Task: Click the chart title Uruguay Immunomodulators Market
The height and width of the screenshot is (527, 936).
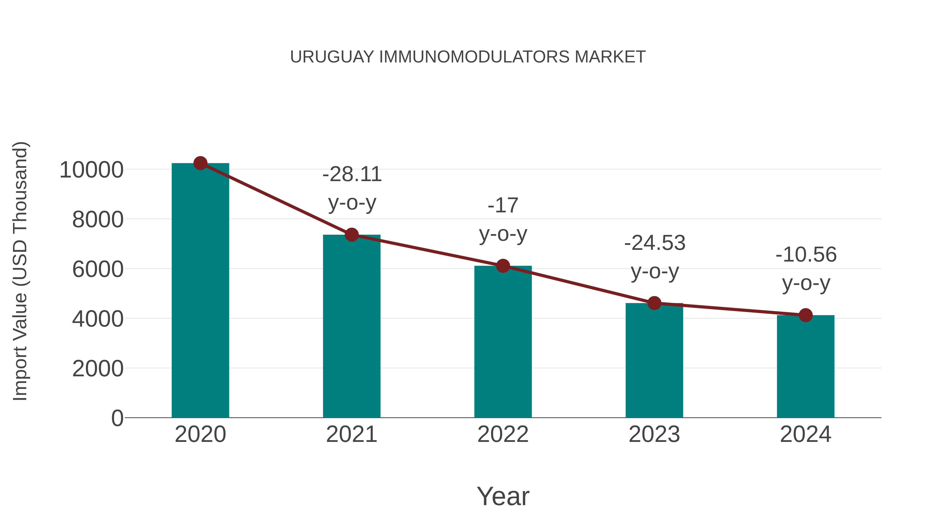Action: pyautogui.click(x=468, y=57)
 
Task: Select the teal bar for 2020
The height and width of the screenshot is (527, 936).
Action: pyautogui.click(x=200, y=291)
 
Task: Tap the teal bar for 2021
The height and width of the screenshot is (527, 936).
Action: pyautogui.click(x=351, y=327)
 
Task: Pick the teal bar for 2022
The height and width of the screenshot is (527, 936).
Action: pyautogui.click(x=503, y=342)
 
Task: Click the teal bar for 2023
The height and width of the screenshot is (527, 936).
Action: pyautogui.click(x=654, y=360)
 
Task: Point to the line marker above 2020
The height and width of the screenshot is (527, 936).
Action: pyautogui.click(x=200, y=163)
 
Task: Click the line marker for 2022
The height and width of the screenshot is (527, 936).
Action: pyautogui.click(x=503, y=266)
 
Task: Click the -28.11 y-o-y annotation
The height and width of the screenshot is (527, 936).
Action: pyautogui.click(x=352, y=188)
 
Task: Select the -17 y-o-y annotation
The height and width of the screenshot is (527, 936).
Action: pyautogui.click(x=503, y=220)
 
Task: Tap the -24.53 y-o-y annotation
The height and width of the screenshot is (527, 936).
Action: pyautogui.click(x=655, y=257)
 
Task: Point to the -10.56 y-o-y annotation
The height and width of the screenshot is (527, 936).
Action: pyautogui.click(x=806, y=269)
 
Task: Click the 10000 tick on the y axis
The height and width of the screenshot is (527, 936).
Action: pyautogui.click(x=92, y=170)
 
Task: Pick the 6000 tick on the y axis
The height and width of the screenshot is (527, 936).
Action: pyautogui.click(x=98, y=270)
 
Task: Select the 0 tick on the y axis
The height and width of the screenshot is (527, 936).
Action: pyautogui.click(x=117, y=418)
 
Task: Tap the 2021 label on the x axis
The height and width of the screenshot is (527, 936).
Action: pyautogui.click(x=351, y=434)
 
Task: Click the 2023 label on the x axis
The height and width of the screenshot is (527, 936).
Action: pyautogui.click(x=654, y=434)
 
